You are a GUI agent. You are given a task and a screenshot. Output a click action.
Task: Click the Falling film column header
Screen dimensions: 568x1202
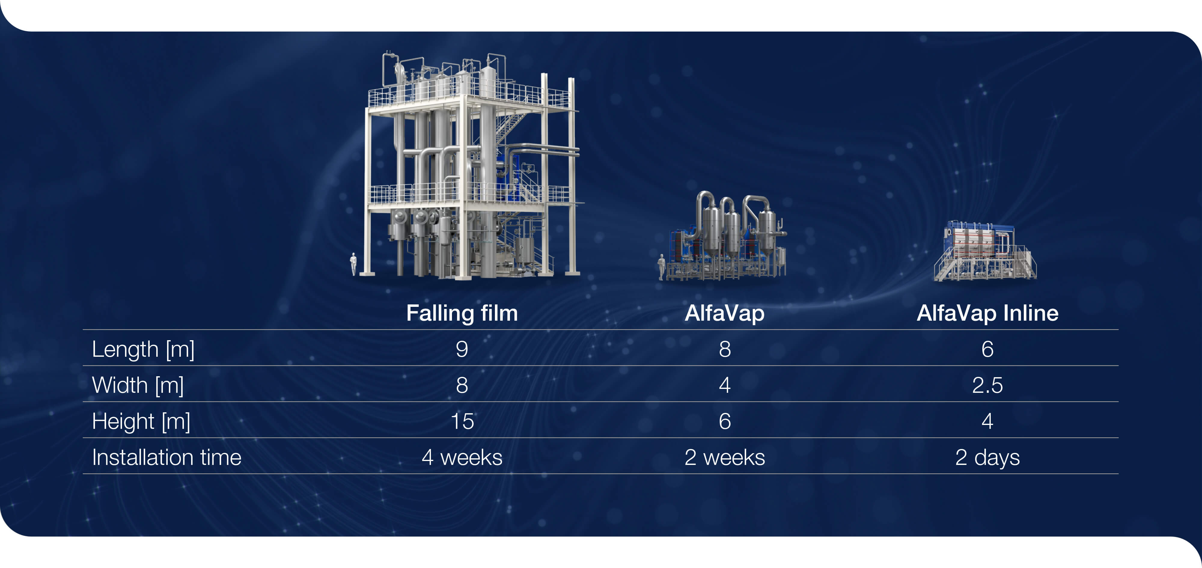point(462,313)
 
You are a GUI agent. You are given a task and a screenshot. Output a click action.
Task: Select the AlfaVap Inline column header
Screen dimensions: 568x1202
point(987,313)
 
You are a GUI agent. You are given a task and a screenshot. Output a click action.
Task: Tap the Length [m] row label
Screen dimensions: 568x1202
point(143,349)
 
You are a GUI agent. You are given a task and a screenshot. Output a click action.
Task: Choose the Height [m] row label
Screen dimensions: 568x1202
point(141,421)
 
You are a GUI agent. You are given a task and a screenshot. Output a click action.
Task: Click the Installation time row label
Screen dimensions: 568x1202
point(166,457)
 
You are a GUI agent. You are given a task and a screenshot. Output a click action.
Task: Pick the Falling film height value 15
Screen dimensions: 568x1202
point(462,421)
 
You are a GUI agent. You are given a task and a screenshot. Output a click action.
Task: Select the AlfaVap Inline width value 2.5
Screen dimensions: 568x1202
point(987,386)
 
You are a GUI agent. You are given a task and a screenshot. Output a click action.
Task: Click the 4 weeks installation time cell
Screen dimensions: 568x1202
point(462,457)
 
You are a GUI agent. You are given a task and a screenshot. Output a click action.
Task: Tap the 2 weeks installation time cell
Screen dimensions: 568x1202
point(725,457)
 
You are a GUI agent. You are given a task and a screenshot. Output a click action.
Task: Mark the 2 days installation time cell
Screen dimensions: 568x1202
point(987,457)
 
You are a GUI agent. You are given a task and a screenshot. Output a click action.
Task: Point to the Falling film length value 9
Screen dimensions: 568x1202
point(462,349)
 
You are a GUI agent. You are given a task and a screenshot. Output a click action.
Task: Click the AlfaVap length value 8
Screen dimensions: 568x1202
point(725,349)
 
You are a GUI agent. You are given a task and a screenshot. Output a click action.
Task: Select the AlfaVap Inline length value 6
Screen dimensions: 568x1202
point(987,349)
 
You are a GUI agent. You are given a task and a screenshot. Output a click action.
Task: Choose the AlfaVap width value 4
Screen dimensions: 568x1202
point(725,386)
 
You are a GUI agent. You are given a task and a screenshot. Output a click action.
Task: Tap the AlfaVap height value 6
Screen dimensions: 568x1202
point(725,421)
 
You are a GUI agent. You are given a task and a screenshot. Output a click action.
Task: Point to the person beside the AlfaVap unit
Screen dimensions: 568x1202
point(661,267)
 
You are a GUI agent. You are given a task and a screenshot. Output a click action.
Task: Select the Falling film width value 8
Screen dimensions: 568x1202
point(462,386)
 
